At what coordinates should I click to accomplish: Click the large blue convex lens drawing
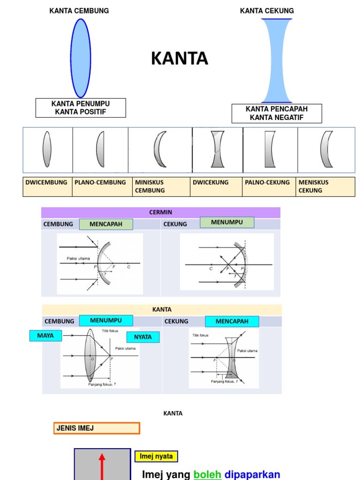point(80,58)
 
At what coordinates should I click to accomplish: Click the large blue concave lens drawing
point(277,60)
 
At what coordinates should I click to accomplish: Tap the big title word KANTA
point(180,59)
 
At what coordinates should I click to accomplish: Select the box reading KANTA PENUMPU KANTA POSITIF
point(81,108)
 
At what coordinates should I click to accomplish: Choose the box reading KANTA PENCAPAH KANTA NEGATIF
point(277,113)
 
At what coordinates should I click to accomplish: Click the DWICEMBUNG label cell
point(47,187)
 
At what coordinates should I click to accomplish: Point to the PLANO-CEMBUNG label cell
point(100,187)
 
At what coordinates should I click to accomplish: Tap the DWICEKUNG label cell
point(217,187)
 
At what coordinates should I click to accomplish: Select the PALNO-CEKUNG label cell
point(270,187)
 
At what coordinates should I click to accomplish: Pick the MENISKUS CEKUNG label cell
point(326,187)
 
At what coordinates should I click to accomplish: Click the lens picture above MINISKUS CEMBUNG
point(160,150)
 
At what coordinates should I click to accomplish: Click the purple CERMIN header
point(161,212)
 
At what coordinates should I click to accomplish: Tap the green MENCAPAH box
point(106,224)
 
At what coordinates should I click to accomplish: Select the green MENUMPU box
point(227,222)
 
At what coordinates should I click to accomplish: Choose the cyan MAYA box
point(45,336)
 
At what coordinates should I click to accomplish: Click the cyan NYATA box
point(143,337)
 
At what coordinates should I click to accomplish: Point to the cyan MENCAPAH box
point(231,322)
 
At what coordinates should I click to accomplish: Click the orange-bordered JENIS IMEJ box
point(97,428)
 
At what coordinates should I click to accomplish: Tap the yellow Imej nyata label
point(156,456)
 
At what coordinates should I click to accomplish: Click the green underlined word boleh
point(207,474)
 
